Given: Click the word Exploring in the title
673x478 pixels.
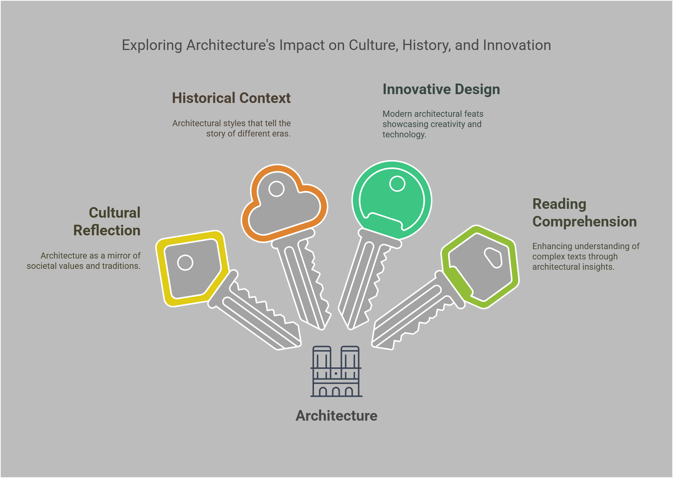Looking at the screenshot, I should [152, 45].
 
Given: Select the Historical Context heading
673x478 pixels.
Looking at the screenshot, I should [231, 98].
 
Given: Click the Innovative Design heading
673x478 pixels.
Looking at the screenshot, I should [441, 89].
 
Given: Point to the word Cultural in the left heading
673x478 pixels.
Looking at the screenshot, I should [115, 213].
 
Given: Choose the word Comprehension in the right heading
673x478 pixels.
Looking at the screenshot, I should [584, 221].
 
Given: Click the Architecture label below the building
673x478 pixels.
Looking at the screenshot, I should [336, 416].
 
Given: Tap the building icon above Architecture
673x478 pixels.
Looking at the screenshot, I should [336, 372].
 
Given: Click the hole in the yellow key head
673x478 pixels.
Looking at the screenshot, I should [185, 263].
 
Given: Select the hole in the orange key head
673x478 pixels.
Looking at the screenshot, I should [276, 189].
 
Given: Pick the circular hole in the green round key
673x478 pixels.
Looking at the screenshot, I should [397, 184].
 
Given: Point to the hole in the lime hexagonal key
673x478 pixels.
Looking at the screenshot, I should [494, 258].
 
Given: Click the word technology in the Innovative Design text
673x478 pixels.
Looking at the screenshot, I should [404, 134].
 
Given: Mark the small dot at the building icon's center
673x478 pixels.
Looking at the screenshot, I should [336, 374].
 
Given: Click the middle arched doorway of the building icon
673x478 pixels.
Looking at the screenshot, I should [336, 392].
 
